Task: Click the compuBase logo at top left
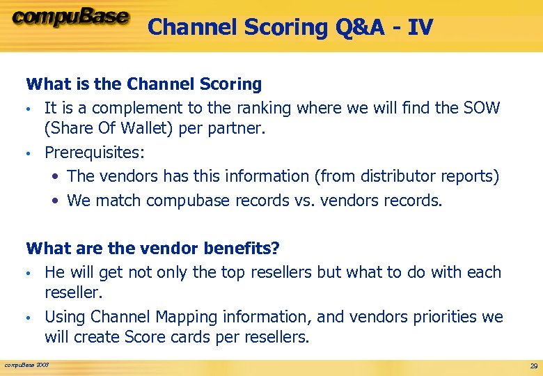pos(70,17)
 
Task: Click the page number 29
pos(533,366)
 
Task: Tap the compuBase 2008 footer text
pos(26,364)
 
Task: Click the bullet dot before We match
pos(56,201)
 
